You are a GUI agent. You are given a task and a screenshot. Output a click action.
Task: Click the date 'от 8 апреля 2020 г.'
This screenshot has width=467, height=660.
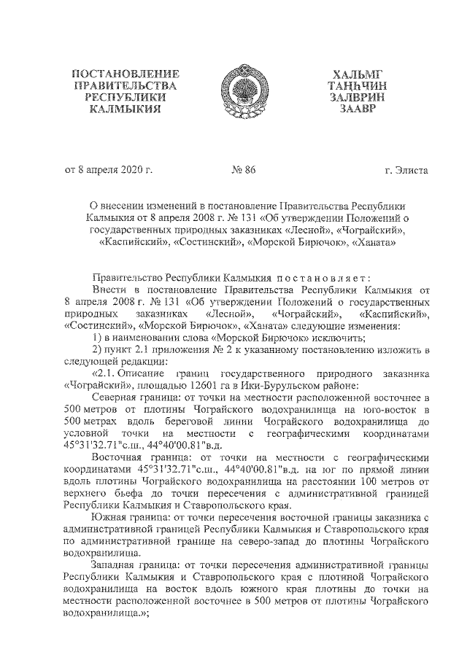click(109, 171)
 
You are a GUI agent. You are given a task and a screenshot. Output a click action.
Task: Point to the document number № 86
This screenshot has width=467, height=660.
click(244, 171)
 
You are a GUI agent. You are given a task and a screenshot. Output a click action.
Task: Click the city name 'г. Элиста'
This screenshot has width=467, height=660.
click(406, 171)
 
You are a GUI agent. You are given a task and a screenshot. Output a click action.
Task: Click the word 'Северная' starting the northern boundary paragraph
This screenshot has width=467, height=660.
click(115, 396)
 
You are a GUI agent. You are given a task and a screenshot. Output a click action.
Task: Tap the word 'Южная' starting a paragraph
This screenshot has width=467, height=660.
click(109, 516)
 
